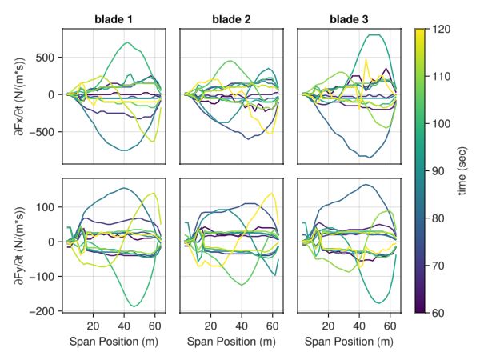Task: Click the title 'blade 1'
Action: pos(114,18)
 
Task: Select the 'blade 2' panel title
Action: pos(231,18)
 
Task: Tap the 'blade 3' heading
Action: pos(349,18)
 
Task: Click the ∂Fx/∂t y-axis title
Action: pos(18,95)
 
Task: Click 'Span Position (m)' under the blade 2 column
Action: pos(231,342)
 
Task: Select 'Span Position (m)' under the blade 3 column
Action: pos(349,342)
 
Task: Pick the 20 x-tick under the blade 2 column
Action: pos(210,326)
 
